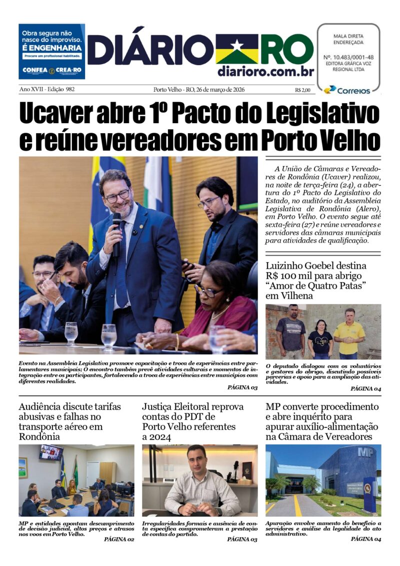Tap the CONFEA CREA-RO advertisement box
[x=51, y=52]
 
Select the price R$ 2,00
[x=302, y=90]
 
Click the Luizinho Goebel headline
[x=316, y=281]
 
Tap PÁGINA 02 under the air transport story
[x=119, y=539]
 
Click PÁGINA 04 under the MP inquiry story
[x=365, y=539]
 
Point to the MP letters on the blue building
[x=365, y=452]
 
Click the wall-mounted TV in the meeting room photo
[x=51, y=452]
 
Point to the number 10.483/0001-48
[x=348, y=57]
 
